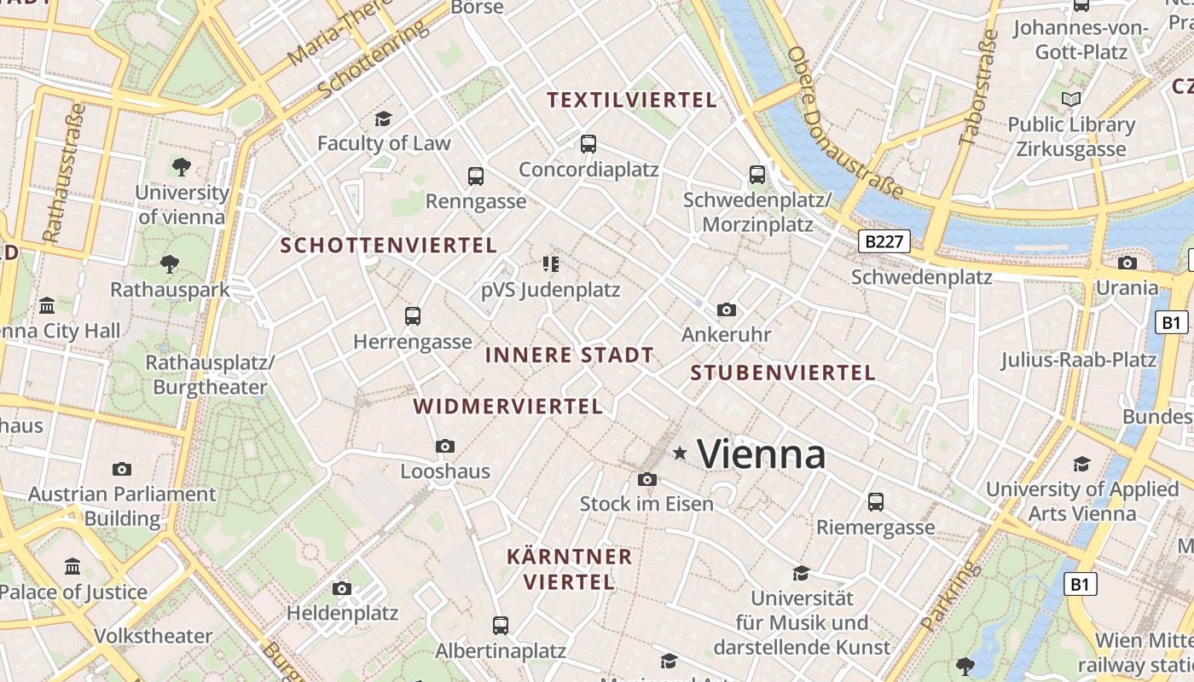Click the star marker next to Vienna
click(680, 454)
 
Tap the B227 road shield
click(883, 241)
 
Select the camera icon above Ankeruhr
click(726, 309)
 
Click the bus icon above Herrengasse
click(413, 316)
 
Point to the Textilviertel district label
click(631, 100)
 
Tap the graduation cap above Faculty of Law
click(383, 118)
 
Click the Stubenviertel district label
click(782, 373)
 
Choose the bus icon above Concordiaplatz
click(588, 144)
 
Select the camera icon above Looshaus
click(444, 446)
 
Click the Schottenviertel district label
click(388, 246)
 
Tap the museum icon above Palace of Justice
click(72, 566)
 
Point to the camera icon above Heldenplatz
click(342, 588)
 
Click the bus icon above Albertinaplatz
click(501, 626)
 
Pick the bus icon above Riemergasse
click(876, 501)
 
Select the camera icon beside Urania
click(1127, 263)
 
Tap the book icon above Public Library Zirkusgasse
click(1071, 99)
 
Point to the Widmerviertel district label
click(508, 407)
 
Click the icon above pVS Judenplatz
click(550, 264)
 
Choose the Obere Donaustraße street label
click(843, 124)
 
